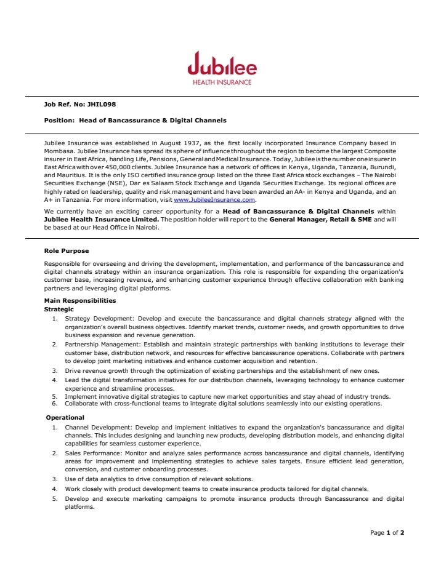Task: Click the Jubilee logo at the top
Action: coord(222,65)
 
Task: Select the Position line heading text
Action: coord(136,120)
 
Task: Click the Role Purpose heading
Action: coord(67,250)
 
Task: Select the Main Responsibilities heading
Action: coord(80,301)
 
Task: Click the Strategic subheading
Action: coord(59,309)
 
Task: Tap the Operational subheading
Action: coord(65,418)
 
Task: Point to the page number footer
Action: coord(387,532)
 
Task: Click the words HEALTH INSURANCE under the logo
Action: coord(222,82)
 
